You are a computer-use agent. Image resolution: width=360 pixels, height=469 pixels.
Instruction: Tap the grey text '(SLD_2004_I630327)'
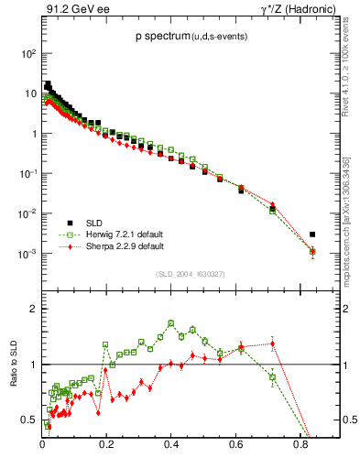coord(193,273)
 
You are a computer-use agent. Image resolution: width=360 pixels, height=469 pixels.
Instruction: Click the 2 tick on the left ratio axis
coord(34,309)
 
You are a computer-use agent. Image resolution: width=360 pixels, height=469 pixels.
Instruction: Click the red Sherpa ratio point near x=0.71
coord(272,344)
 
